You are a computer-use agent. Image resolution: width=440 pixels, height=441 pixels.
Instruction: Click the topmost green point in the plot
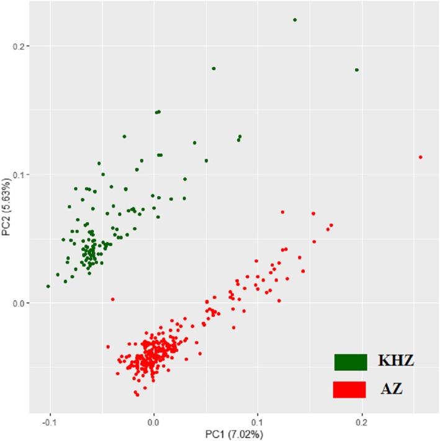coord(295,20)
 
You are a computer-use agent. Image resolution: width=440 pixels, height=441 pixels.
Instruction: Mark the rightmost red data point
coord(420,157)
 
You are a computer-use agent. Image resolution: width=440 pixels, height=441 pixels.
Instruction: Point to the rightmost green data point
coord(357,70)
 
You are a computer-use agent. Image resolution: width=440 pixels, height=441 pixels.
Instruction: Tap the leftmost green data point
coord(48,286)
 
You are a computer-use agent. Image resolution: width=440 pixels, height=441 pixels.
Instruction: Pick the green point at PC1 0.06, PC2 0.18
coord(213,68)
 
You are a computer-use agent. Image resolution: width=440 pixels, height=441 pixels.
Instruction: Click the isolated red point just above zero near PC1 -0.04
coord(112,299)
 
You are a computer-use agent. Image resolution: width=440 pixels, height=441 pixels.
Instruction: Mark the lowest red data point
coord(137,394)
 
